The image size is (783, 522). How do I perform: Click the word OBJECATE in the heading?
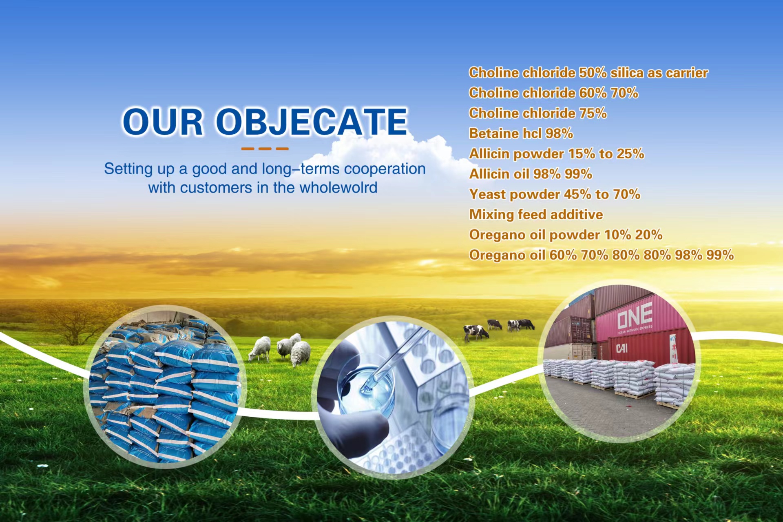[x=312, y=121]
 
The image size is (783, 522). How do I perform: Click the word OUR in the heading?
[x=163, y=121]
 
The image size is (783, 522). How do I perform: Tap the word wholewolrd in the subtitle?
[x=338, y=188]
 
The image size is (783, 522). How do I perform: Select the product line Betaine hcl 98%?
[x=521, y=133]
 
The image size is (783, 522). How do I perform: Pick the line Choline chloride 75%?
[x=538, y=113]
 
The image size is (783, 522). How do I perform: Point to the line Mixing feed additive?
[x=536, y=214]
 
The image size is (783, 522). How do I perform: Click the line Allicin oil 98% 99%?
[x=531, y=174]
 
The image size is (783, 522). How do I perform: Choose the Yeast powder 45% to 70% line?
[x=555, y=194]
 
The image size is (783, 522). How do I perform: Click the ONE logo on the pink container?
[x=635, y=316]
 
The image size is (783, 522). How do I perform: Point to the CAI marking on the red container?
[x=622, y=348]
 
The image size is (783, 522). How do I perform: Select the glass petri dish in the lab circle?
[x=366, y=387]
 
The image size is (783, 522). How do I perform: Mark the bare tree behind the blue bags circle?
[x=73, y=322]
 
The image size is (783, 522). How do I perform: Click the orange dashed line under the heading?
[x=265, y=149]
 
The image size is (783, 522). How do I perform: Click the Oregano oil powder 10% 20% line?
[x=566, y=235]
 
